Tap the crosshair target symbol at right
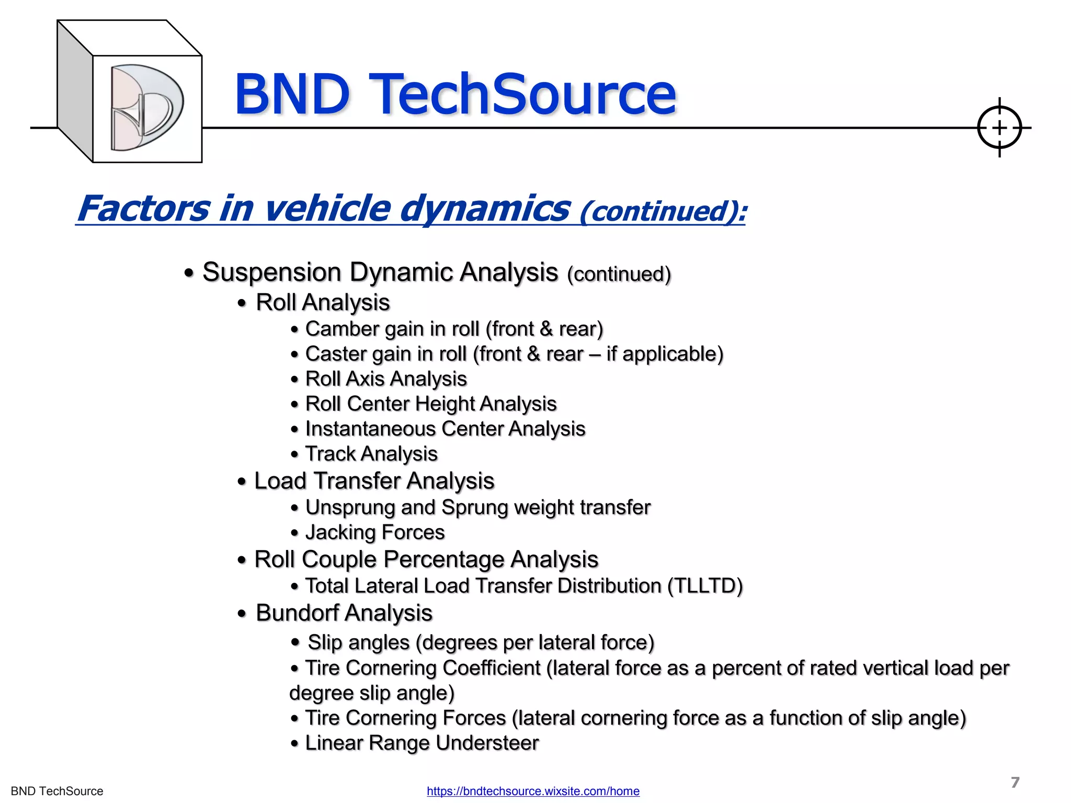click(x=999, y=128)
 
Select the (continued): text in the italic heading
click(x=663, y=212)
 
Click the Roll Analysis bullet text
click(x=323, y=303)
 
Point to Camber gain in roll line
click(x=454, y=329)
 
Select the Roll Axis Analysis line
click(x=386, y=379)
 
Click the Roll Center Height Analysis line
click(x=431, y=404)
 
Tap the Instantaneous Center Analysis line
click(x=445, y=429)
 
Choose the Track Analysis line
click(x=371, y=454)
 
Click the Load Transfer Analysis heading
click(x=374, y=481)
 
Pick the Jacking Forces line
click(x=375, y=533)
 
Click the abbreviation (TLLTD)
click(x=705, y=586)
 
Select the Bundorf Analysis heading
click(x=344, y=613)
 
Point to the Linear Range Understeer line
click(x=421, y=743)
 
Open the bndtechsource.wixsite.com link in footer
click(x=533, y=791)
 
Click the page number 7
click(x=1015, y=782)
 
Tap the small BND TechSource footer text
click(x=57, y=791)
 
